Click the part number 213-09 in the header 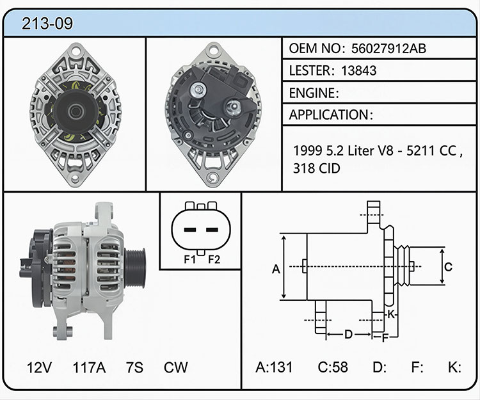tap(47, 23)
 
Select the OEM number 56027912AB tap(388, 49)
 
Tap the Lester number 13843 tap(358, 70)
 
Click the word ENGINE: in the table tap(314, 93)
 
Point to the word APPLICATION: tap(331, 115)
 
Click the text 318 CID tap(317, 168)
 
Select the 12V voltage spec tap(39, 367)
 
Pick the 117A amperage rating tap(89, 367)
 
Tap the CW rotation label tap(176, 367)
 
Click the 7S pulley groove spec tap(134, 367)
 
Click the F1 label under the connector tap(189, 260)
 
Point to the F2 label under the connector tap(214, 260)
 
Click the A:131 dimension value tap(274, 367)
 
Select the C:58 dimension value tap(333, 367)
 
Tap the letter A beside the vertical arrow tap(276, 269)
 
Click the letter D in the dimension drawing tap(348, 334)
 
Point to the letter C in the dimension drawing tap(448, 267)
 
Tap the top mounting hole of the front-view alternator tap(76, 50)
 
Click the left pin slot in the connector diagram tap(190, 230)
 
